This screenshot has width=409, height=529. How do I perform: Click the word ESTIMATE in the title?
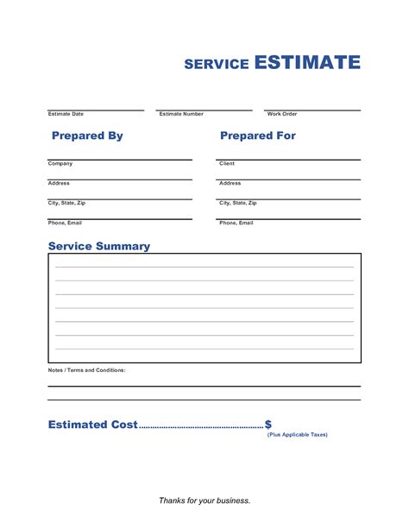(307, 62)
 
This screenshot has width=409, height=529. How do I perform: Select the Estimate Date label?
(66, 114)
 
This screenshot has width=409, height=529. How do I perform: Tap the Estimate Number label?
(181, 114)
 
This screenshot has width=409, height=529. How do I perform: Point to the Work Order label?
(282, 114)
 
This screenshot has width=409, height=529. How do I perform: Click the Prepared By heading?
(87, 135)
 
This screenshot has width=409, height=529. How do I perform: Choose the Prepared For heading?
(258, 135)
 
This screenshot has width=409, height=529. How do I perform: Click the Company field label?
(60, 163)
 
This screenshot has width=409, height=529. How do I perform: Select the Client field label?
(227, 163)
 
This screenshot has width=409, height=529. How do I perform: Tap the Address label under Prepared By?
(59, 183)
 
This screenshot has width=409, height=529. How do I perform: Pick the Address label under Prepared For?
(230, 183)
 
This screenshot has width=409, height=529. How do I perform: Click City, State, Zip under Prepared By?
(66, 203)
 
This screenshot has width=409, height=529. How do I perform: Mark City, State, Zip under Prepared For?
(238, 203)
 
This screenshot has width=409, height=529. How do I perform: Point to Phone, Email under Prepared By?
(65, 223)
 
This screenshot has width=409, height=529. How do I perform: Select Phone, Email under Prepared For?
(236, 223)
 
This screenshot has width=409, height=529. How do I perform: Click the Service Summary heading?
(99, 246)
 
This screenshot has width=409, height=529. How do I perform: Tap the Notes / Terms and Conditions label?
(87, 369)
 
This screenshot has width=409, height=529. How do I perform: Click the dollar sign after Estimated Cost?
(268, 425)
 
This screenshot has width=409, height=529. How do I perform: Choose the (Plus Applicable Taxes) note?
(298, 435)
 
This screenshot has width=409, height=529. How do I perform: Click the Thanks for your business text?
(204, 501)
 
